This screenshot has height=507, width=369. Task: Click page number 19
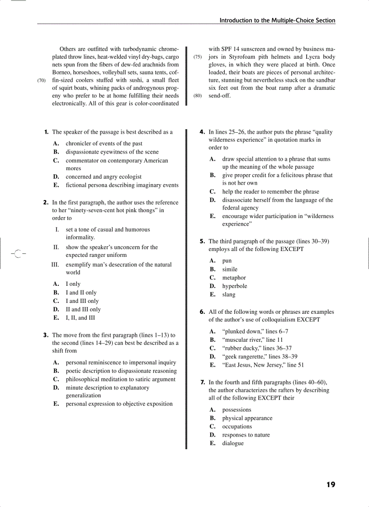click(x=331, y=485)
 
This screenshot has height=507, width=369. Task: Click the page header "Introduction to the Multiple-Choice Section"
click(x=277, y=20)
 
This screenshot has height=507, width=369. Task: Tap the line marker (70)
click(x=42, y=81)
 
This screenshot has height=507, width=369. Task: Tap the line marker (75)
click(x=198, y=57)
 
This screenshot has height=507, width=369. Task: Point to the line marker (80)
click(x=198, y=96)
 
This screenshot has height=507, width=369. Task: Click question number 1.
click(x=46, y=132)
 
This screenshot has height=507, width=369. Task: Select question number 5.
click(x=203, y=242)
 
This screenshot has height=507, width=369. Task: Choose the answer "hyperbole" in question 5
click(x=235, y=286)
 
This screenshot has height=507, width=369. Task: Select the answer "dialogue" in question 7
click(x=233, y=443)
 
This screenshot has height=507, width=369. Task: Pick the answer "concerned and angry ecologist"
click(x=104, y=177)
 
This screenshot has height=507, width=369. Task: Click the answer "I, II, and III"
click(x=80, y=318)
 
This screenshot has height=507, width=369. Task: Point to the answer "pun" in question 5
click(x=227, y=261)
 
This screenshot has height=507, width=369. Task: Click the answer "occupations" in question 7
click(x=237, y=427)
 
